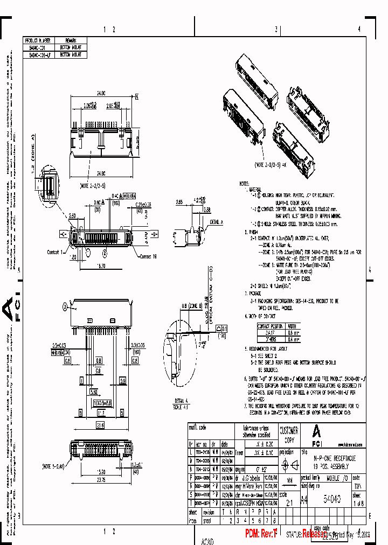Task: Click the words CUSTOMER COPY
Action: (x=289, y=434)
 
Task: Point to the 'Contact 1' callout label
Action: (x=56, y=251)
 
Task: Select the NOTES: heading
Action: (x=246, y=184)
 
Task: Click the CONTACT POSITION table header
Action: (x=270, y=326)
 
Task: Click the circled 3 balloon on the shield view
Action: (x=64, y=307)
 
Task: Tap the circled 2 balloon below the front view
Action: (x=88, y=251)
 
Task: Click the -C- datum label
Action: (x=64, y=234)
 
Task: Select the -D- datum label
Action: (x=154, y=234)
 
